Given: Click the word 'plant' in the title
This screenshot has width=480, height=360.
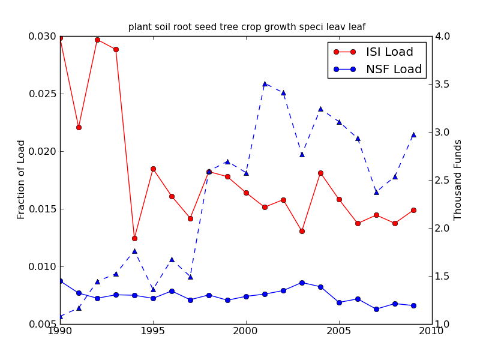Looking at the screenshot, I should [139, 27].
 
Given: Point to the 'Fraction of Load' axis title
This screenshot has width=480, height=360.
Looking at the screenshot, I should [22, 179].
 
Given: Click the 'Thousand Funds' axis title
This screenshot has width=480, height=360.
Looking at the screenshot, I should [458, 180].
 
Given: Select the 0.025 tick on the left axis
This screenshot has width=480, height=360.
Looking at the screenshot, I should [44, 94].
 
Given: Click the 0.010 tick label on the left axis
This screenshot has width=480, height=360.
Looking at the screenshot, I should [44, 267].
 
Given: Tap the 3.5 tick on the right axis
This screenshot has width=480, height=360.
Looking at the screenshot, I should [444, 85].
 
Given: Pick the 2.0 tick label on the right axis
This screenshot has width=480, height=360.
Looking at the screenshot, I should [444, 229].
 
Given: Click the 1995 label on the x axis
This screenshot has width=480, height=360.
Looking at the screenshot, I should [153, 331].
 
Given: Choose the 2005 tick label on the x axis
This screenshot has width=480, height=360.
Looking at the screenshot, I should [339, 331].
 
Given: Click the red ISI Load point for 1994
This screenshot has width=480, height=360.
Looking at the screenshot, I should [134, 238].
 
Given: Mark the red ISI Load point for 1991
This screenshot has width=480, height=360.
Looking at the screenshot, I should [79, 127].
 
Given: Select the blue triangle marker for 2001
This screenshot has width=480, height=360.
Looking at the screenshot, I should [265, 84].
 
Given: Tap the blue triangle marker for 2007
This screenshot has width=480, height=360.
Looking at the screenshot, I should [376, 192].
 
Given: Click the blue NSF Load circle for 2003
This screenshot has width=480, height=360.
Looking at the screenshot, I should [302, 283].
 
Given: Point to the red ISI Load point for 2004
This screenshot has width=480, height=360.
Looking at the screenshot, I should [320, 173].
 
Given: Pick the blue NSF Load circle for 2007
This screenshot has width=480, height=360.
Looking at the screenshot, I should [376, 309].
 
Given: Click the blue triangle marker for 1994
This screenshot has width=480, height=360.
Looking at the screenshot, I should [134, 251].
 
